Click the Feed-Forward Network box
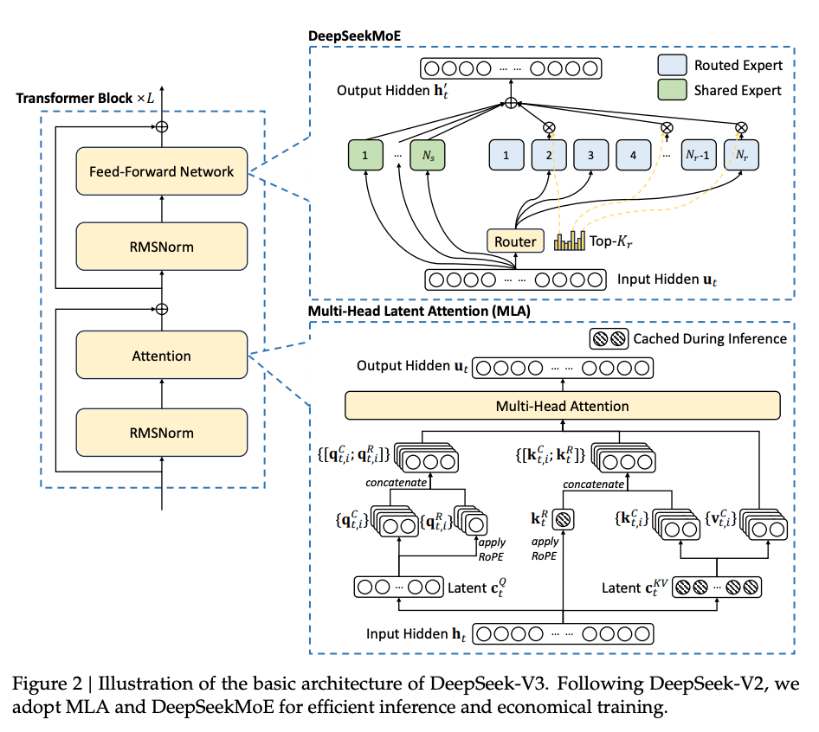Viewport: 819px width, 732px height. click(x=161, y=171)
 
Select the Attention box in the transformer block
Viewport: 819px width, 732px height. click(x=161, y=356)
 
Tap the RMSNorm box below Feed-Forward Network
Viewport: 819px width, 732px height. click(x=161, y=247)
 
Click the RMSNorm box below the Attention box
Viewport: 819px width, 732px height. click(x=161, y=433)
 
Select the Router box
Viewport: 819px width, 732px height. click(x=515, y=241)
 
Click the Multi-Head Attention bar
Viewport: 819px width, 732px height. click(x=562, y=405)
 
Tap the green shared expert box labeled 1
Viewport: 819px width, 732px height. click(x=366, y=157)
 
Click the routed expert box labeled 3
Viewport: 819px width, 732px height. click(x=590, y=157)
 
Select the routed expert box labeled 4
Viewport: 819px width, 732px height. click(x=634, y=157)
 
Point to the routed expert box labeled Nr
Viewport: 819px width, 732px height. click(x=740, y=157)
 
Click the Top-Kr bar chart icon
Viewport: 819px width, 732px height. click(x=571, y=241)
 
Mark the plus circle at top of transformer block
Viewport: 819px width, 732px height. click(x=161, y=126)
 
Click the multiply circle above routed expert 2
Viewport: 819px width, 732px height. click(x=548, y=127)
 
